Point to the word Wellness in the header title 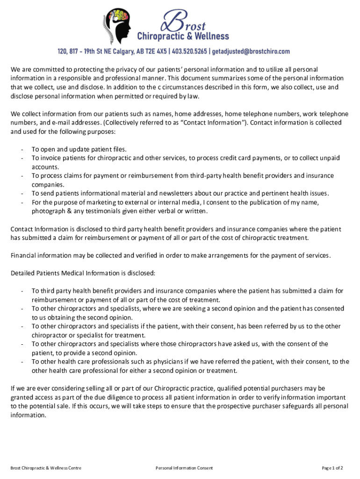coord(209,36)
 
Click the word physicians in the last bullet coord(155,362)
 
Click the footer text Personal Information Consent coord(185,468)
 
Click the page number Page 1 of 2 coord(332,468)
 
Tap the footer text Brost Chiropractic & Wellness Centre coord(46,468)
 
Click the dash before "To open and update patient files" coord(22,149)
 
